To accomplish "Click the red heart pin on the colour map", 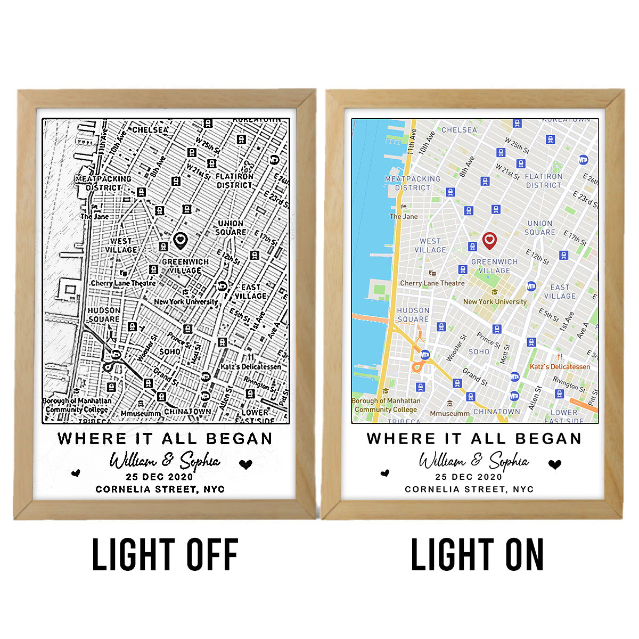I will click(x=489, y=240).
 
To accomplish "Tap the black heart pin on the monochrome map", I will click(x=181, y=240).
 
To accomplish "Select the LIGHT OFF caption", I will click(x=165, y=555).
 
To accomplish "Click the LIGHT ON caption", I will click(x=477, y=555).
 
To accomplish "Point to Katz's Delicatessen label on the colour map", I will click(x=560, y=367).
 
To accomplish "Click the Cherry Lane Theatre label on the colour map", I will click(x=432, y=283).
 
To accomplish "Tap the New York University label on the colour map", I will click(x=495, y=301).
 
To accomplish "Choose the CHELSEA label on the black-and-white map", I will click(x=150, y=129).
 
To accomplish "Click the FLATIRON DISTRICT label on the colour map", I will click(x=544, y=181).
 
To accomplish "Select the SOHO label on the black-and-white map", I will click(x=170, y=351).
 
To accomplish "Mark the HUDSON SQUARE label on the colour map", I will click(x=413, y=315).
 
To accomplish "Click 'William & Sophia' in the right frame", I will click(x=474, y=461).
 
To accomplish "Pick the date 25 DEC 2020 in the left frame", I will click(x=160, y=477).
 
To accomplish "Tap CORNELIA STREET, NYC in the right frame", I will click(x=469, y=489).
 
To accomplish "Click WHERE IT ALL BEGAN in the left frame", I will click(x=165, y=438).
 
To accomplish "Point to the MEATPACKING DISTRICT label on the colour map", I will click(x=413, y=183).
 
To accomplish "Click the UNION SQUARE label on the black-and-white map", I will click(x=231, y=227).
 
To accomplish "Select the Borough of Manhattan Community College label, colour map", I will click(x=386, y=405).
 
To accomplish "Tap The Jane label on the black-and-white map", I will click(x=95, y=216).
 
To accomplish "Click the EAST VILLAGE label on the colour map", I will click(x=560, y=291).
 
